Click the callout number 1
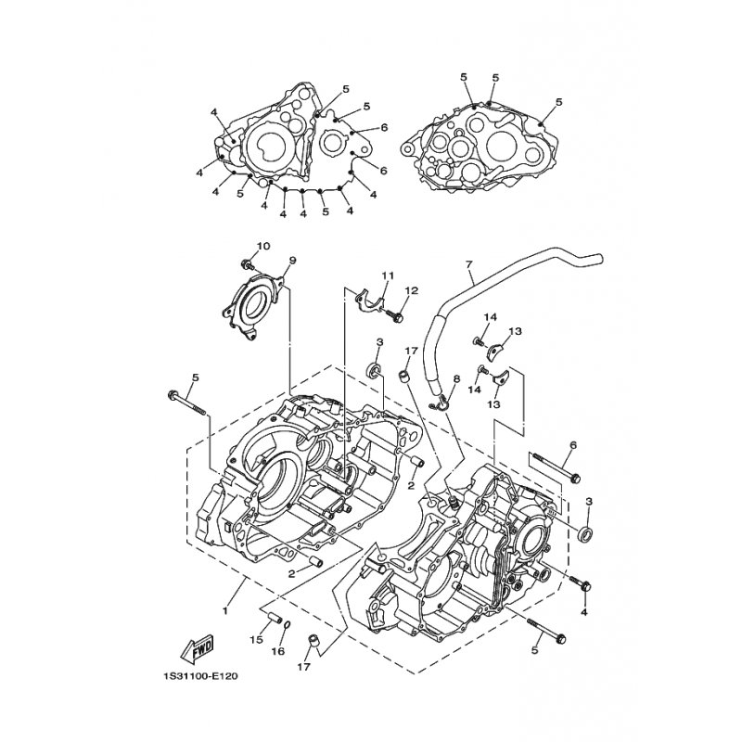point(224,611)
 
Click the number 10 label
point(262,246)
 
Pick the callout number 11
point(388,276)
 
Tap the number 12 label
point(412,290)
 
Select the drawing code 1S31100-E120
point(198,676)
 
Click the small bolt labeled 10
point(246,266)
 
